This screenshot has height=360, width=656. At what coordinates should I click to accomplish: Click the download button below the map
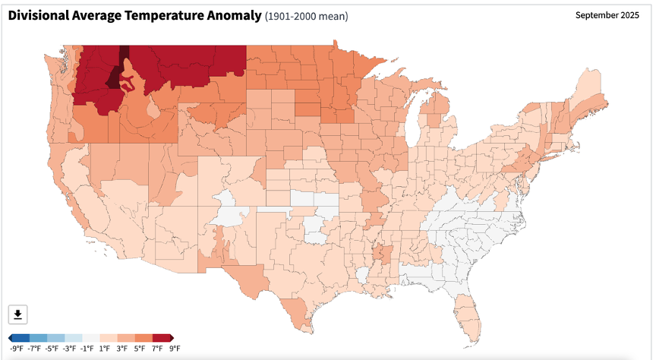[18, 314]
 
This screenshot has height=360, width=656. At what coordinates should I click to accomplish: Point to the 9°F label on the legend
[174, 349]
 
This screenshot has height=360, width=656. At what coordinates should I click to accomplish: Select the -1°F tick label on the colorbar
[87, 349]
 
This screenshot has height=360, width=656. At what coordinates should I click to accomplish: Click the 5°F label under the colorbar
[139, 349]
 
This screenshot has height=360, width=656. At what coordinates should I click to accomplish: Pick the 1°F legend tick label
[105, 349]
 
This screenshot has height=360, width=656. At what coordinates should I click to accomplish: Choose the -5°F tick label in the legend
[52, 349]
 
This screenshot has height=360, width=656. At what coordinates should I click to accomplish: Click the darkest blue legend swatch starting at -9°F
[21, 338]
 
